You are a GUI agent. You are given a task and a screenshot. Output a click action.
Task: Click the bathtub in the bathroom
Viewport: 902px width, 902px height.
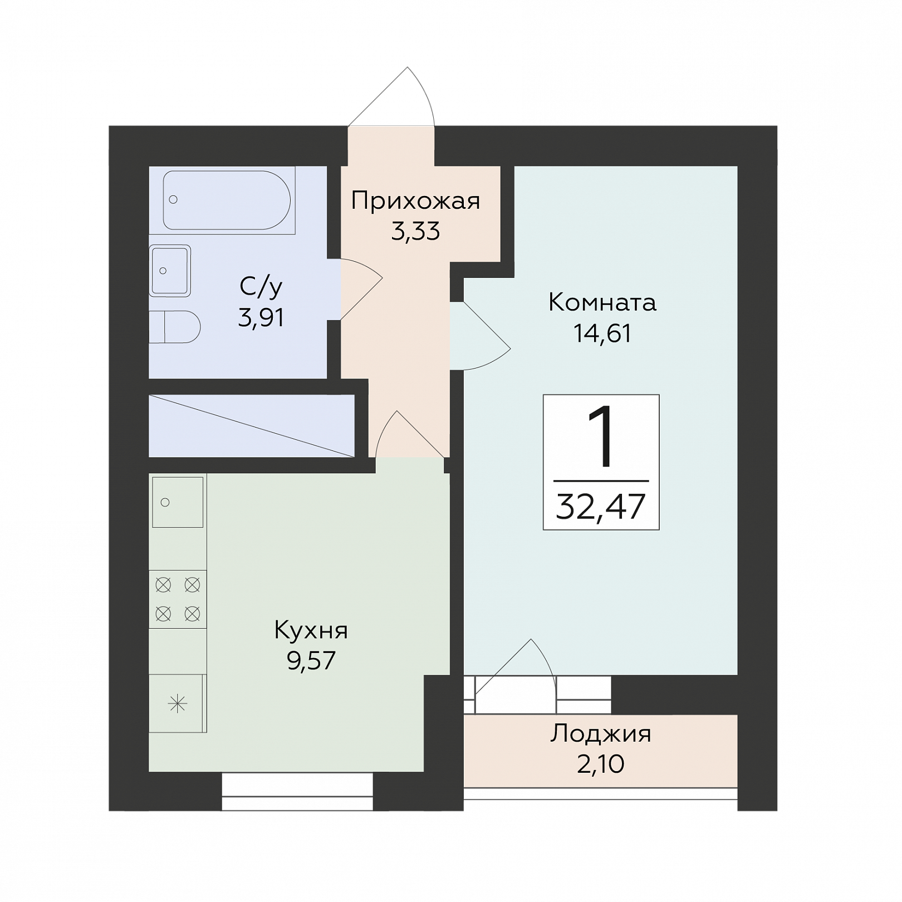pyautogui.click(x=227, y=200)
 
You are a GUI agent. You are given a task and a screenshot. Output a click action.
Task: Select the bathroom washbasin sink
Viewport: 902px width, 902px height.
pyautogui.click(x=170, y=271)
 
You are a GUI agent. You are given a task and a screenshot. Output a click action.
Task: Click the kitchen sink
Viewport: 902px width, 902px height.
pyautogui.click(x=178, y=502)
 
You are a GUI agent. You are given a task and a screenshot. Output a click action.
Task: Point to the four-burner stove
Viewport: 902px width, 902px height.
pyautogui.click(x=178, y=599)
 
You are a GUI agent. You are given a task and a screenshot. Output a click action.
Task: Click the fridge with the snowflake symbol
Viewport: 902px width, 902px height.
pyautogui.click(x=178, y=703)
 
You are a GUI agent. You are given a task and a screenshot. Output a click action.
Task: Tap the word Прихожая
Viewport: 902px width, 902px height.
pyautogui.click(x=415, y=201)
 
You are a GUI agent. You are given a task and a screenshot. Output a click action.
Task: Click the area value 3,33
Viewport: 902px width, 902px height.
pyautogui.click(x=415, y=231)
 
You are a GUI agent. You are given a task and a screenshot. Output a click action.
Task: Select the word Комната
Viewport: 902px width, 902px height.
pyautogui.click(x=602, y=303)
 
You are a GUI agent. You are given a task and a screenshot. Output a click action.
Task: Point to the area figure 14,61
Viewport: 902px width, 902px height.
pyautogui.click(x=602, y=334)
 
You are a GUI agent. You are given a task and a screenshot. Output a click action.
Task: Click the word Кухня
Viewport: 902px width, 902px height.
pyautogui.click(x=311, y=631)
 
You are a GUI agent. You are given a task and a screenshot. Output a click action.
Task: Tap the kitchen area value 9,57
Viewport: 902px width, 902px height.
pyautogui.click(x=311, y=661)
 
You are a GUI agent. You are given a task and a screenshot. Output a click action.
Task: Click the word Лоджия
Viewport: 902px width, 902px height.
pyautogui.click(x=601, y=734)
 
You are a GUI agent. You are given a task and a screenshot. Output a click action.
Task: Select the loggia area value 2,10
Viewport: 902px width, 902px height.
pyautogui.click(x=601, y=764)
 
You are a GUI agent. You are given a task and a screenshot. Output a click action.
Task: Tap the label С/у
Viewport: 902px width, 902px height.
pyautogui.click(x=261, y=287)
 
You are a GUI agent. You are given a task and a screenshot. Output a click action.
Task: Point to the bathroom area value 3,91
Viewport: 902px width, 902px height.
pyautogui.click(x=261, y=318)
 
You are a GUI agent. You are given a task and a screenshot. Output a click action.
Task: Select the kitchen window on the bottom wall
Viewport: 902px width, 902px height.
pyautogui.click(x=297, y=791)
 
